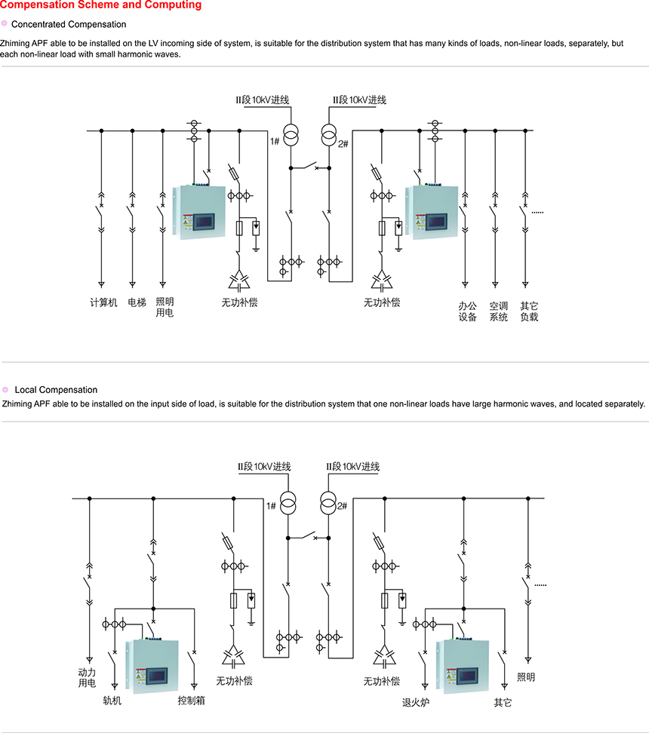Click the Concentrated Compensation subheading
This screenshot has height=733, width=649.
point(69,24)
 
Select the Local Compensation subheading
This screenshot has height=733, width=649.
point(56,390)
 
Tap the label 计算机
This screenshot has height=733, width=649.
point(103,303)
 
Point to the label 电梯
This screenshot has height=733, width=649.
point(137,303)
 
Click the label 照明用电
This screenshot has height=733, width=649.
point(165,308)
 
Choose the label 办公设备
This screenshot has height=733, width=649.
point(467,312)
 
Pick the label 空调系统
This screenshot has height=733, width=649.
point(498,312)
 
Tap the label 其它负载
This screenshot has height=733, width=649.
point(529,312)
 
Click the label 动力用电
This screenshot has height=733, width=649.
point(88,677)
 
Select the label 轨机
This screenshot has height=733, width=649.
point(112,701)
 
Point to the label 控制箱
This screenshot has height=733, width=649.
point(191,701)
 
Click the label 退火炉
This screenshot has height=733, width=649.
point(415,703)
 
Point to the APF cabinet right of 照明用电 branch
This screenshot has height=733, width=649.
point(198,212)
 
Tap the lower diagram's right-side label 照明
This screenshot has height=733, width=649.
point(525,677)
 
